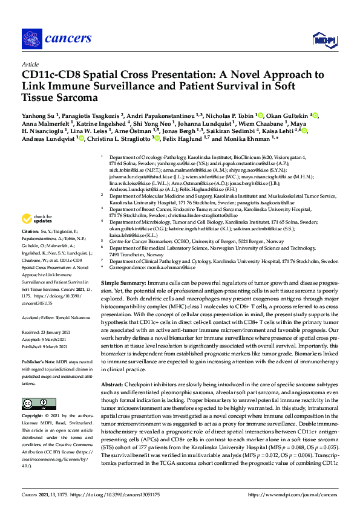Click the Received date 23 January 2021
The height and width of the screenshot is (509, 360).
pos(58,331)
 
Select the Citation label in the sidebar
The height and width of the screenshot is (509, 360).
pos(31,232)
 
